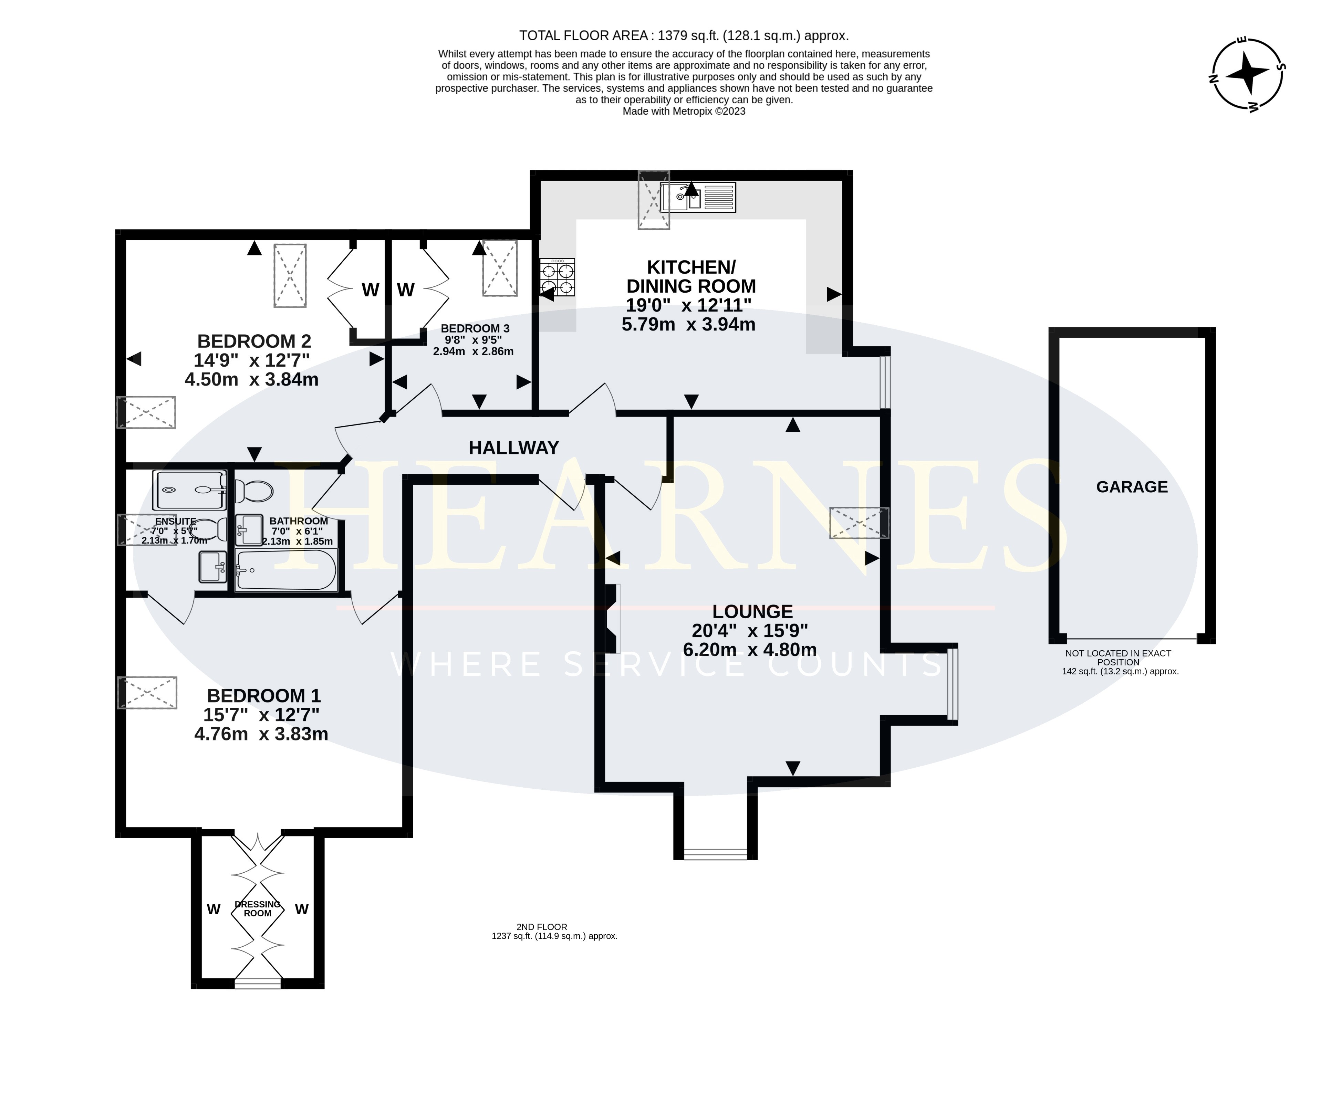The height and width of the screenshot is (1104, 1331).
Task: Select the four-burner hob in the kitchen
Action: click(x=557, y=277)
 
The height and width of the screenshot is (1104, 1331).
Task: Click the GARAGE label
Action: click(x=1132, y=487)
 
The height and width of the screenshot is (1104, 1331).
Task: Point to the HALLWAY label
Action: click(x=513, y=448)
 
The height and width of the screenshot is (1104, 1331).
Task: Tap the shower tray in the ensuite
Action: click(x=189, y=490)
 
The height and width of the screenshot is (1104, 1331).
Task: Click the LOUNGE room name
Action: click(x=752, y=612)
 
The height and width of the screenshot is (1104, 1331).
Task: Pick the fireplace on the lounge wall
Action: click(x=612, y=618)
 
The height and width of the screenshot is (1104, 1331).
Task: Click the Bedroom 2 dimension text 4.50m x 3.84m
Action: click(x=252, y=380)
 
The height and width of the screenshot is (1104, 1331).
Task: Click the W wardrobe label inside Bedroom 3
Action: click(x=406, y=290)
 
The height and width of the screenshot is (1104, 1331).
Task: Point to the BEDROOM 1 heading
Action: click(x=264, y=696)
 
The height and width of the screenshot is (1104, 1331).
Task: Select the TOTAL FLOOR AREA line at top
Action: click(x=684, y=35)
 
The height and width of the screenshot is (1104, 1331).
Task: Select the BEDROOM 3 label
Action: click(x=475, y=328)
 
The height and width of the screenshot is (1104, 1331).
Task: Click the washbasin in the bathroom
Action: click(x=249, y=530)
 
